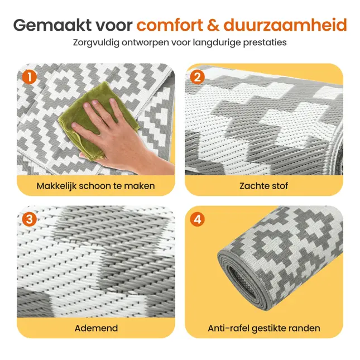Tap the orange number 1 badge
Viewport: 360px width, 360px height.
[x=29, y=76]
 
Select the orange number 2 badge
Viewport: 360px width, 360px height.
[x=197, y=76]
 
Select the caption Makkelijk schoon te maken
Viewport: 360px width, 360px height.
[x=95, y=185]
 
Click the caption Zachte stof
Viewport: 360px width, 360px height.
[x=264, y=185]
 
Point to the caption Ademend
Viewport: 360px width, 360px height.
[x=96, y=328]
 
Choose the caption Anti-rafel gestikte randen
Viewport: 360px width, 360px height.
[x=264, y=328]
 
